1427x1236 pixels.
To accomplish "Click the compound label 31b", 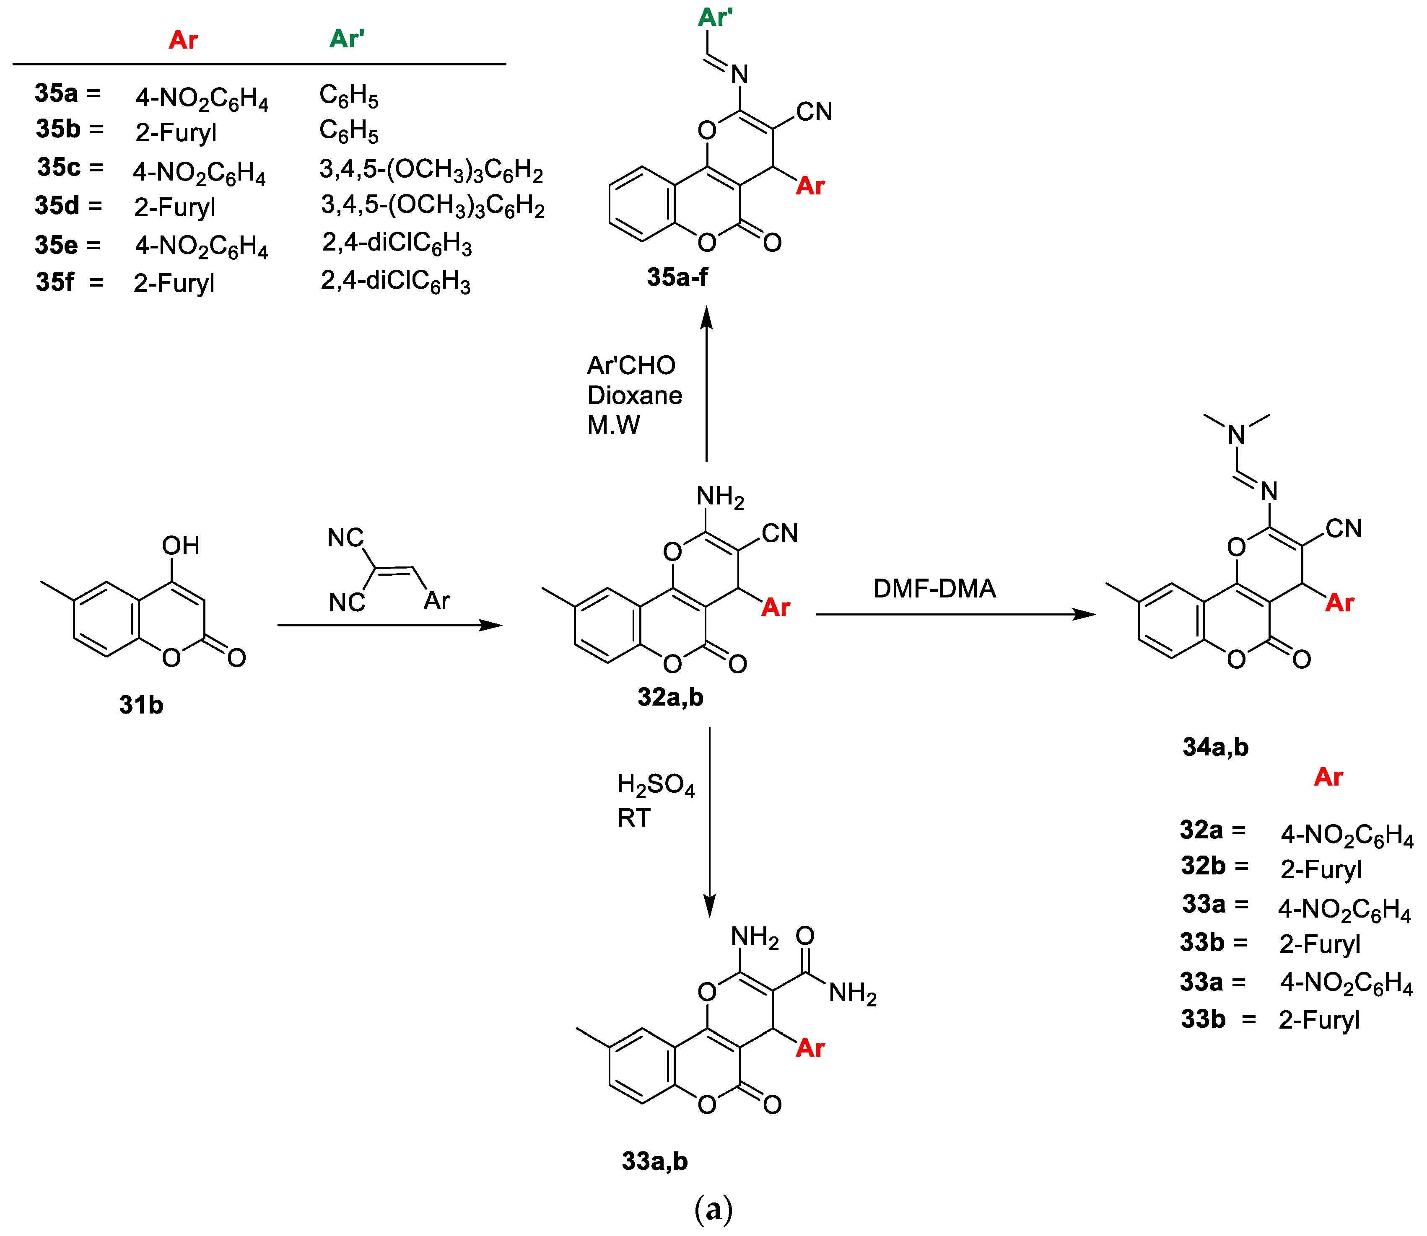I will (141, 705).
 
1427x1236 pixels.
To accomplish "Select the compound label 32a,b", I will (670, 697).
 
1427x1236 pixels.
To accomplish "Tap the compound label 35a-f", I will (677, 277).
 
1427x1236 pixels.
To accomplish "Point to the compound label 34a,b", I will (1215, 747).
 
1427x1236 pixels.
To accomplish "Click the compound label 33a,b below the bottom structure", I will (654, 1161).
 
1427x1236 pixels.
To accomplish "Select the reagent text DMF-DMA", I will (934, 588).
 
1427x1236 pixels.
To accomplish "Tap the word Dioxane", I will (634, 395).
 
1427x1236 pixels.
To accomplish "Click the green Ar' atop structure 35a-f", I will (715, 17).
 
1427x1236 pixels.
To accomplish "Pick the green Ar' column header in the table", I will (346, 39).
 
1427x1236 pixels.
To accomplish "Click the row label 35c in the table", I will (60, 167).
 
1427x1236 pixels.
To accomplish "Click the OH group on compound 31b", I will (180, 546).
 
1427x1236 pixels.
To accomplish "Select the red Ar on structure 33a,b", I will (809, 1048).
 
